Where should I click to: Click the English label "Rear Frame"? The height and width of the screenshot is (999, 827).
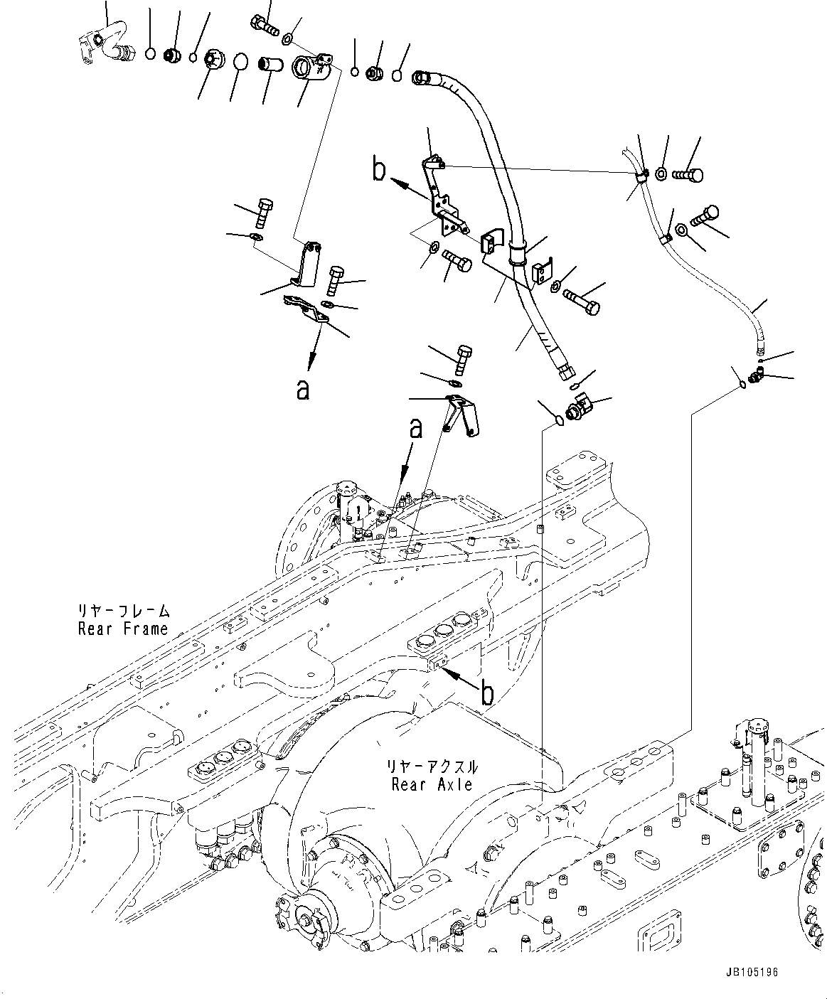(122, 629)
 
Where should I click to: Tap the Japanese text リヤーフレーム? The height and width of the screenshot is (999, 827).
(124, 611)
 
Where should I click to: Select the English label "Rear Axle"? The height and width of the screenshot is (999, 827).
(432, 784)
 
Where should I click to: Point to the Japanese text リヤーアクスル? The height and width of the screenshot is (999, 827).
(432, 768)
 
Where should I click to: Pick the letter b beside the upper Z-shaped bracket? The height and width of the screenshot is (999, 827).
(380, 170)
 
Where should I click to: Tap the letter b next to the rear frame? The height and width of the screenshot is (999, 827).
(487, 693)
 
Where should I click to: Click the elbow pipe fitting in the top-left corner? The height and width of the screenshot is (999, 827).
(101, 44)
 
